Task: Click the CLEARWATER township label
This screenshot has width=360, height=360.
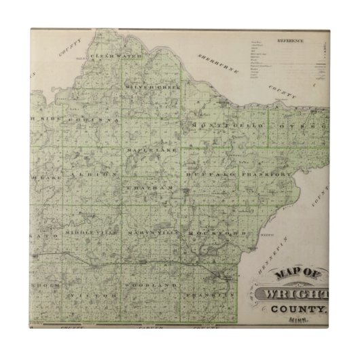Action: (x=119, y=55)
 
